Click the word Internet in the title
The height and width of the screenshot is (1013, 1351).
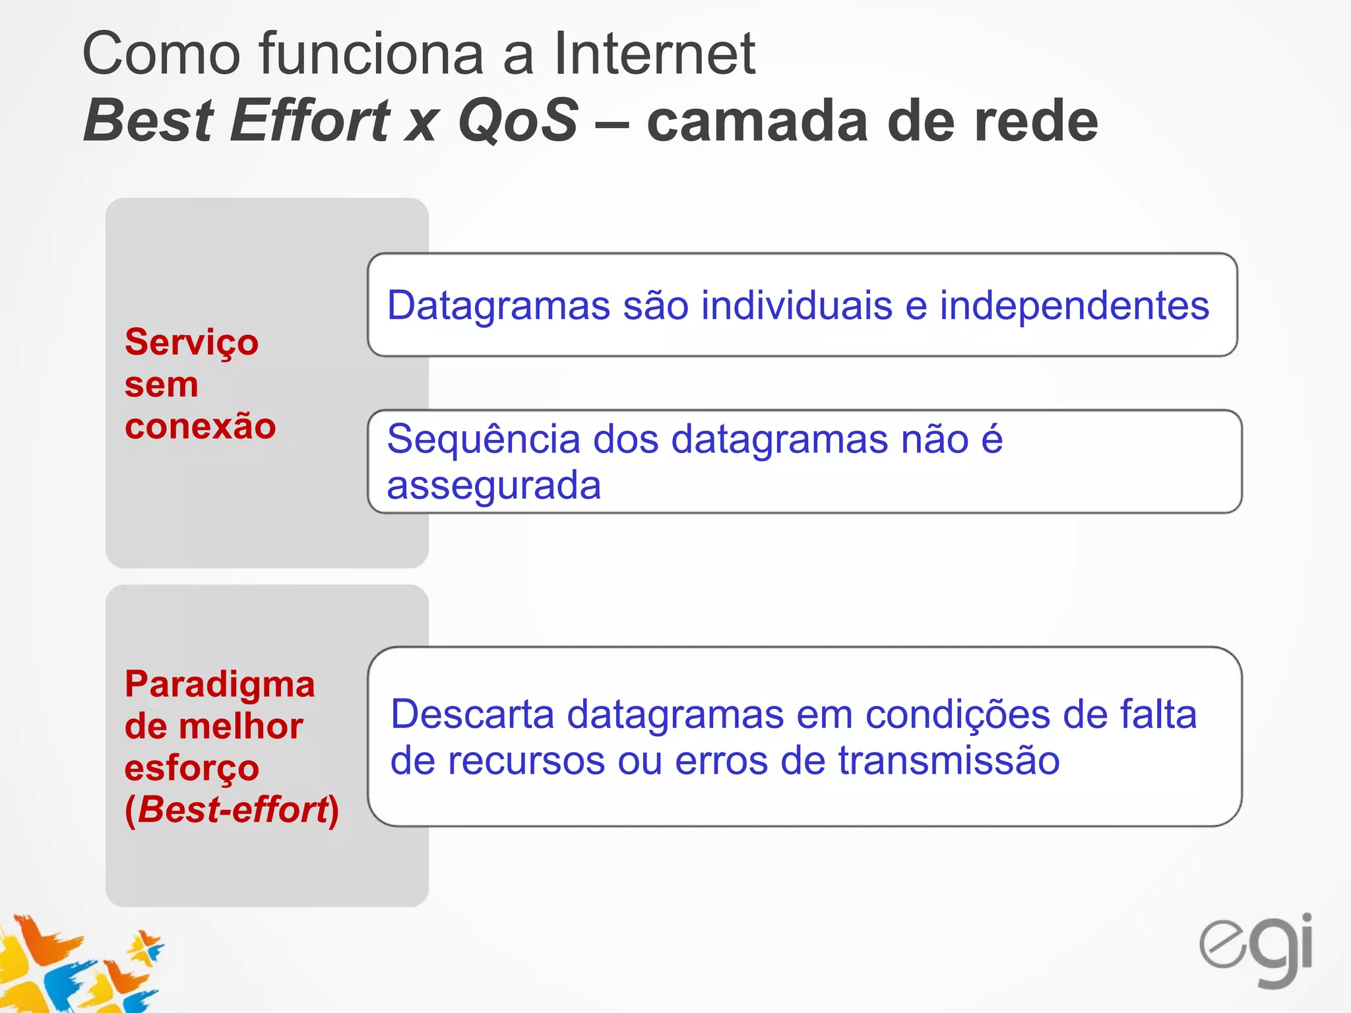654,54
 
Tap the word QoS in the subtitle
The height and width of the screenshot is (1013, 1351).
518,120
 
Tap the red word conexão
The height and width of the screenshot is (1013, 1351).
200,426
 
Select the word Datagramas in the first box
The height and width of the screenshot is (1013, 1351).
499,306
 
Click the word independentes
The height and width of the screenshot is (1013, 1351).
1074,306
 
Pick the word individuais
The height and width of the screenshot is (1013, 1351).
796,306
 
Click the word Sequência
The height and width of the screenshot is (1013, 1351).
483,439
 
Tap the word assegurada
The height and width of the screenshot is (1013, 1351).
493,486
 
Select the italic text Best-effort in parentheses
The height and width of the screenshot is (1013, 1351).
232,809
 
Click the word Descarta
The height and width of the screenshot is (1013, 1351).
472,714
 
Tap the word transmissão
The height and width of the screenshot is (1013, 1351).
949,761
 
